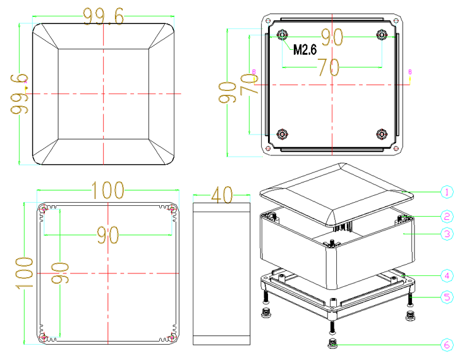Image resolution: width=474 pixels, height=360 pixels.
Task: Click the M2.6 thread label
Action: (305, 50)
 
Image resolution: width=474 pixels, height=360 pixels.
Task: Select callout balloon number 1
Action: (447, 192)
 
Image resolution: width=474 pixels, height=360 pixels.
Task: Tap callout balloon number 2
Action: (447, 216)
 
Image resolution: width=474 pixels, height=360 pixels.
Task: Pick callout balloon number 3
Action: (447, 234)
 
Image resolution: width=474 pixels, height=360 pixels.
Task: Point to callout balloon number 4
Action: (447, 276)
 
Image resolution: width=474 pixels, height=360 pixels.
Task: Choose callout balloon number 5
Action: (447, 297)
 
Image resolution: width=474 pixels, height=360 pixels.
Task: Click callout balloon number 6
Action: (447, 345)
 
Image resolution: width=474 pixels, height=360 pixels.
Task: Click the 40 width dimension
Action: (222, 195)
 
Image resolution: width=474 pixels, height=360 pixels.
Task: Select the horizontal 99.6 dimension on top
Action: (104, 16)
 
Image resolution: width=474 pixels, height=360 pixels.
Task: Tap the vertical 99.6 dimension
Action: (19, 94)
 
